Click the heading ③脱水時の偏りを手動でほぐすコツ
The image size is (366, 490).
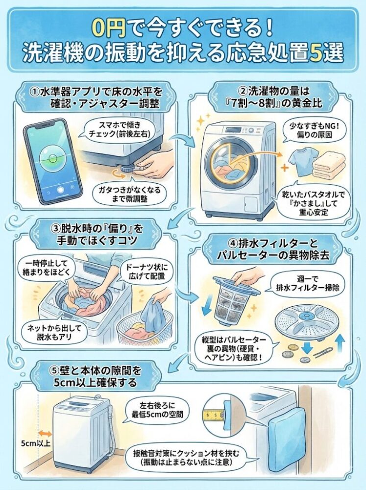(x=95, y=234)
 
